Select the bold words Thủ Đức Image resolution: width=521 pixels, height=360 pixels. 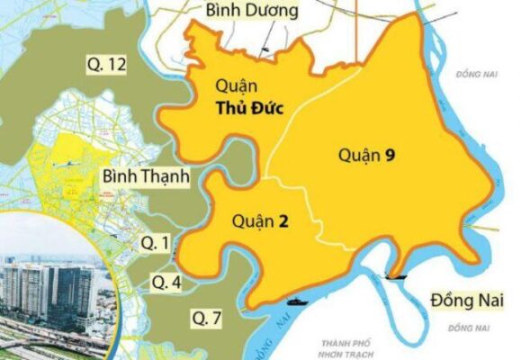click(x=249, y=109)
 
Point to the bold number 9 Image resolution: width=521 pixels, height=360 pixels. click(x=390, y=155)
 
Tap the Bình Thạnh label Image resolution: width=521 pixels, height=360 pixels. click(x=145, y=176)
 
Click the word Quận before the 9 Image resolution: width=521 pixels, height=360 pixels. click(x=358, y=155)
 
